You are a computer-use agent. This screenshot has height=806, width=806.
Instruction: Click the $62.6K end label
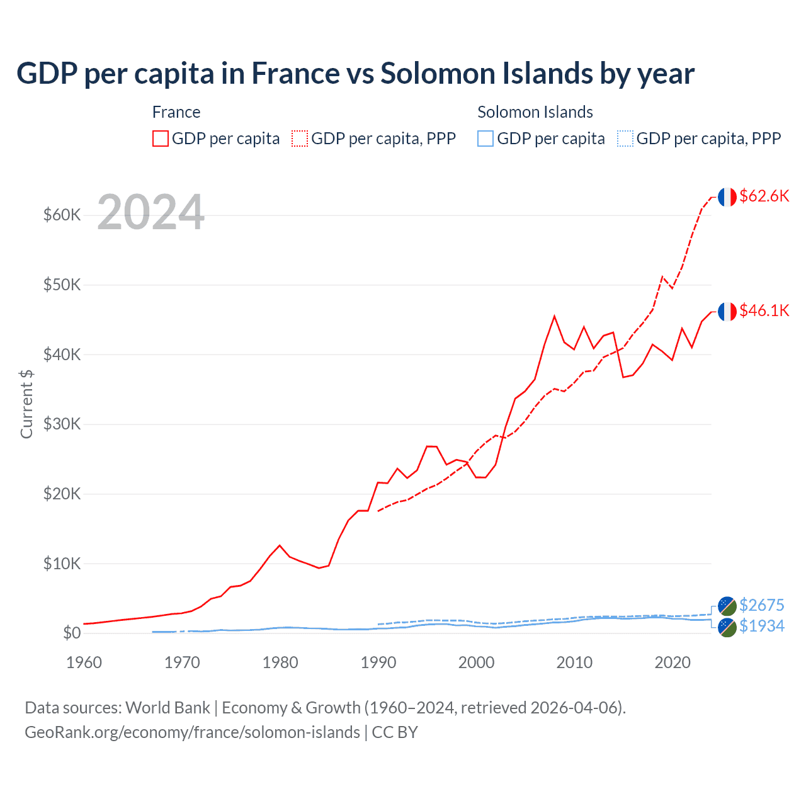click(x=764, y=196)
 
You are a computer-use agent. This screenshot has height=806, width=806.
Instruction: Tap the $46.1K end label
click(x=764, y=310)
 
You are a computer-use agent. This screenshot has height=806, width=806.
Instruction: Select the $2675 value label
click(x=761, y=605)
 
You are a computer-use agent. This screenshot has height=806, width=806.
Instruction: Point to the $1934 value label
click(x=761, y=626)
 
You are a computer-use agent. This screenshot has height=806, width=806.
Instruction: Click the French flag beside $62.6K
click(x=727, y=197)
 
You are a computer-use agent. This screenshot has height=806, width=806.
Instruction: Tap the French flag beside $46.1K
click(x=727, y=312)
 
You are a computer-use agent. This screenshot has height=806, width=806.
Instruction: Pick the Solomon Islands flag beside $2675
click(x=727, y=606)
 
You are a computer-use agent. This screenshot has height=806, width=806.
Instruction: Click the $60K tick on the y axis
click(x=62, y=215)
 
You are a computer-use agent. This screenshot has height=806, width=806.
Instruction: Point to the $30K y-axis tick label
click(x=62, y=424)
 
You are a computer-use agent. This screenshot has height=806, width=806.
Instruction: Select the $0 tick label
click(x=72, y=633)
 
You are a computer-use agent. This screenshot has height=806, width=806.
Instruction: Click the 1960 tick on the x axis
click(x=84, y=662)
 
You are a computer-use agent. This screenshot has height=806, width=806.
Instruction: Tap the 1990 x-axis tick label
click(x=378, y=662)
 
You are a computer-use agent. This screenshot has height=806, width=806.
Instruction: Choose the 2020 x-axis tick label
click(x=673, y=662)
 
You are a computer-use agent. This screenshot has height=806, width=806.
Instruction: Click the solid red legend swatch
click(x=161, y=139)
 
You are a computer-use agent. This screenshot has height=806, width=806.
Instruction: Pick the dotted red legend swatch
click(x=300, y=139)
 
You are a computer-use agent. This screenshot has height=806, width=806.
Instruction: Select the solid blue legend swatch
click(x=485, y=139)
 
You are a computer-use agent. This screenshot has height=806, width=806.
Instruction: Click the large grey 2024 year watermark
click(x=151, y=212)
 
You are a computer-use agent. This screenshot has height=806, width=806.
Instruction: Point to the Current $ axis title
click(x=26, y=404)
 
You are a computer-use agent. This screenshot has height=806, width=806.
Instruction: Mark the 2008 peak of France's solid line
click(x=554, y=316)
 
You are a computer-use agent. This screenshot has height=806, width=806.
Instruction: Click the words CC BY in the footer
click(x=395, y=732)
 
